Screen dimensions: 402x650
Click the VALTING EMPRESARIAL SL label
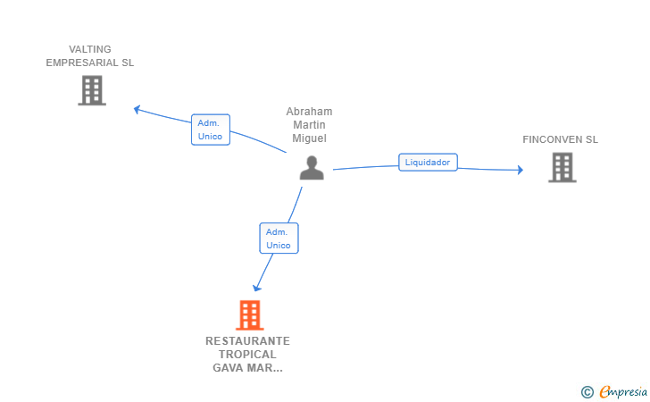[90, 56]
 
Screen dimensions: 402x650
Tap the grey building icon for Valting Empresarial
[92, 90]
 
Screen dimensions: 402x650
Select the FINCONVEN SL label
[561, 139]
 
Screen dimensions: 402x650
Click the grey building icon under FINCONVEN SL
[562, 167]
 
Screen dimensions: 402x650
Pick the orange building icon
[250, 315]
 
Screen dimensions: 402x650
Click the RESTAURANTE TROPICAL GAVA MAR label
[248, 355]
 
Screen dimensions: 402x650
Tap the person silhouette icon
[312, 168]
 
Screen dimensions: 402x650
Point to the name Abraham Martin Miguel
[309, 125]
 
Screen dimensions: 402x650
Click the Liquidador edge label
[428, 163]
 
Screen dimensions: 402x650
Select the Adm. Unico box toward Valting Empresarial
[211, 130]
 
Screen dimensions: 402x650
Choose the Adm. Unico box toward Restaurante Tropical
[279, 239]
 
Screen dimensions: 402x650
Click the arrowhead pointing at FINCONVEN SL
[520, 170]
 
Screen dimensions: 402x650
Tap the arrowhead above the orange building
[257, 287]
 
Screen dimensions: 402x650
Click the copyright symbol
[587, 391]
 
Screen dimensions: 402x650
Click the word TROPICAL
[248, 355]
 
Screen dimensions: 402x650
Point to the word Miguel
[309, 138]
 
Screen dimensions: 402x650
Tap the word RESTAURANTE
[248, 341]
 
